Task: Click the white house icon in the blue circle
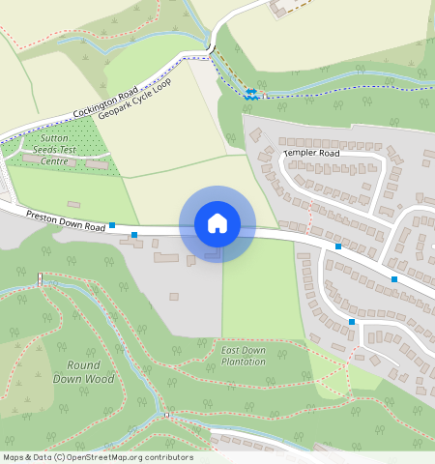(217, 223)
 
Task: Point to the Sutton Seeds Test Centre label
(54, 150)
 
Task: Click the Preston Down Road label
(66, 220)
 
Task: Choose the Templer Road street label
(311, 153)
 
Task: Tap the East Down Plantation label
(243, 356)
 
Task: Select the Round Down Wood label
(91, 372)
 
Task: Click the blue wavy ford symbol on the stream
(251, 94)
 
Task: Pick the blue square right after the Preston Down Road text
(112, 225)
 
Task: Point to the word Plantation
(243, 362)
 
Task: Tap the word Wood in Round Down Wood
(101, 379)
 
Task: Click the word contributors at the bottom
(168, 457)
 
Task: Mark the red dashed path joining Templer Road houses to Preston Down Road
(309, 224)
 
